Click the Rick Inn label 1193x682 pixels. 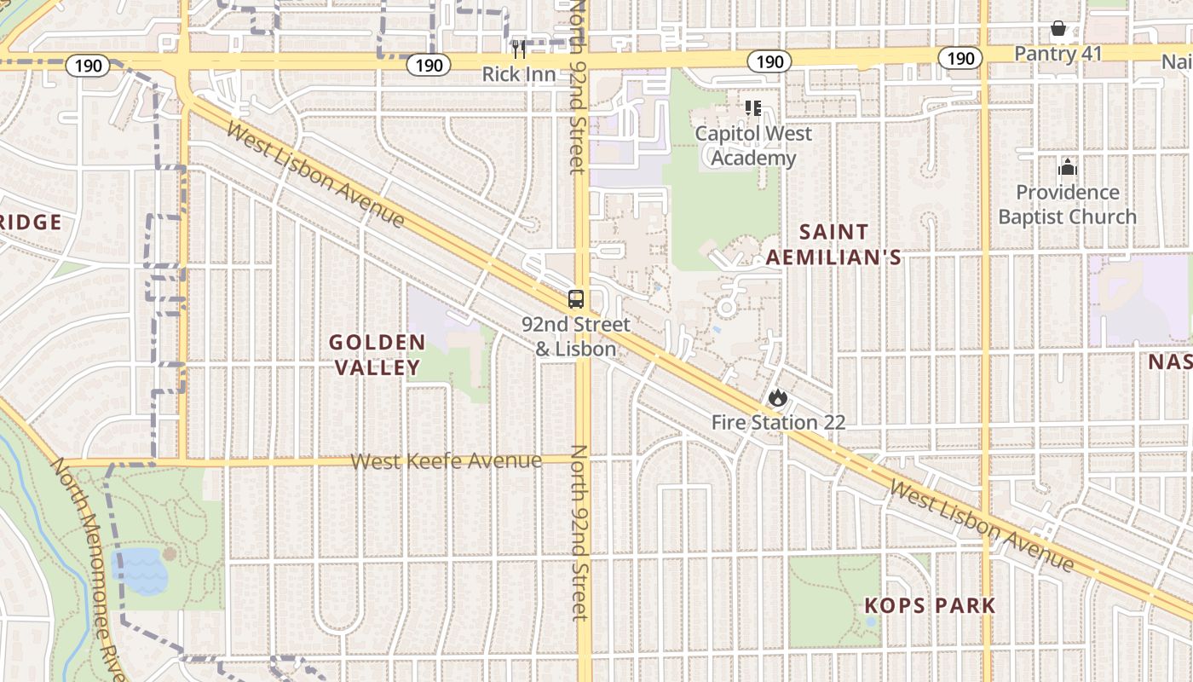click(x=519, y=74)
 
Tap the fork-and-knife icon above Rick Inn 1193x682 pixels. click(x=519, y=49)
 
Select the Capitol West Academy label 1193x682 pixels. click(x=753, y=146)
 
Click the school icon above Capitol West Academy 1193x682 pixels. click(x=753, y=108)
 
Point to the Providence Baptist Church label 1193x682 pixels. click(x=1067, y=205)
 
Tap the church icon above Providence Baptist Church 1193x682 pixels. click(x=1067, y=168)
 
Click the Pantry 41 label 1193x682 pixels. click(x=1058, y=54)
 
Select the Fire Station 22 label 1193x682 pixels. click(x=778, y=422)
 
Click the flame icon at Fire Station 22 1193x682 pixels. click(x=777, y=397)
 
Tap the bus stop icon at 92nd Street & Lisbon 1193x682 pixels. click(x=576, y=299)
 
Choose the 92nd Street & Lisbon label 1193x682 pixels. click(x=576, y=337)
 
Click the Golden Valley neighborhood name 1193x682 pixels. click(x=377, y=355)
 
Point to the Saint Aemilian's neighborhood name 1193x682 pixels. click(x=833, y=245)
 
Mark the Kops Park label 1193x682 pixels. click(x=930, y=606)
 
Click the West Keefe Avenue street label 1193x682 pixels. click(x=447, y=461)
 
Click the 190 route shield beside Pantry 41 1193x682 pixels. click(x=960, y=58)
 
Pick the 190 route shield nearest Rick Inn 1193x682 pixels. click(x=428, y=65)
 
